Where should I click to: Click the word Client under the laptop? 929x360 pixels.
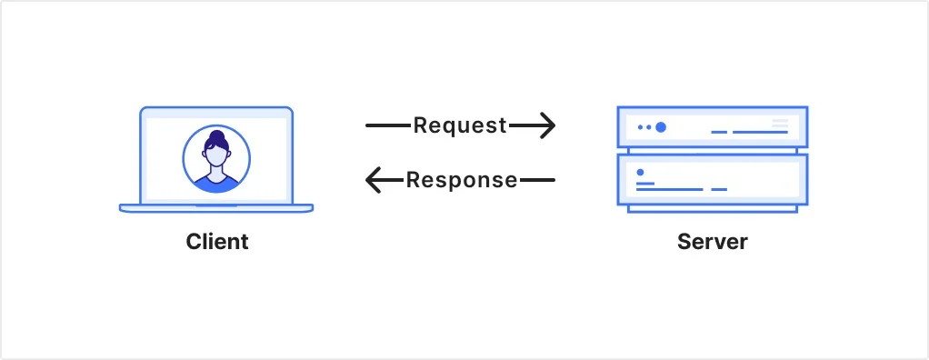(216, 242)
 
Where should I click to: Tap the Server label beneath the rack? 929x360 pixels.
(712, 242)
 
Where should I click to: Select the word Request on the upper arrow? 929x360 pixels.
(460, 125)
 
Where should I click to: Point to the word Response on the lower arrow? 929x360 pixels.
(462, 180)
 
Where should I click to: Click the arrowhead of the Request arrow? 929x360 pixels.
(547, 125)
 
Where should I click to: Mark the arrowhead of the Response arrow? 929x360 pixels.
(373, 180)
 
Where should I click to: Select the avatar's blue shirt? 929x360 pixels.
(216, 185)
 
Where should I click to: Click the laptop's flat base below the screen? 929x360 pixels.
(216, 208)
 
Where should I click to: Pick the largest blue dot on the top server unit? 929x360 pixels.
(661, 127)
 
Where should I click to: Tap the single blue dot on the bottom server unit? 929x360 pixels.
(640, 172)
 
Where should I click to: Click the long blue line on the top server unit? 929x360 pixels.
(760, 133)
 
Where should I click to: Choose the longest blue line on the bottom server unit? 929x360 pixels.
(670, 189)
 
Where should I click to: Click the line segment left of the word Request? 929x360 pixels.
(388, 125)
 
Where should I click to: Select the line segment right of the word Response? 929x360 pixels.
(536, 180)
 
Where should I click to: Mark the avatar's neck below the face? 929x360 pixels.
(216, 172)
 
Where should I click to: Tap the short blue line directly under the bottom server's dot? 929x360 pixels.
(645, 184)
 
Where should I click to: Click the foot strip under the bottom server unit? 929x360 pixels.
(712, 208)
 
